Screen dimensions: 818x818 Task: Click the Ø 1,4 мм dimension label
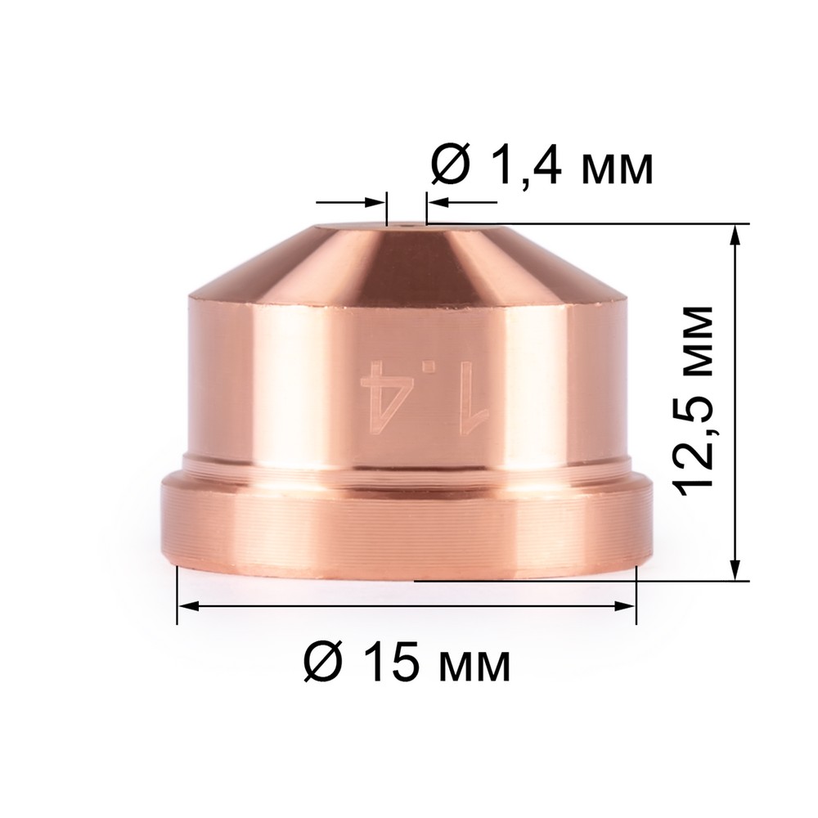point(542,167)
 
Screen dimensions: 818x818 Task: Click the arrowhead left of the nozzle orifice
point(376,202)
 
